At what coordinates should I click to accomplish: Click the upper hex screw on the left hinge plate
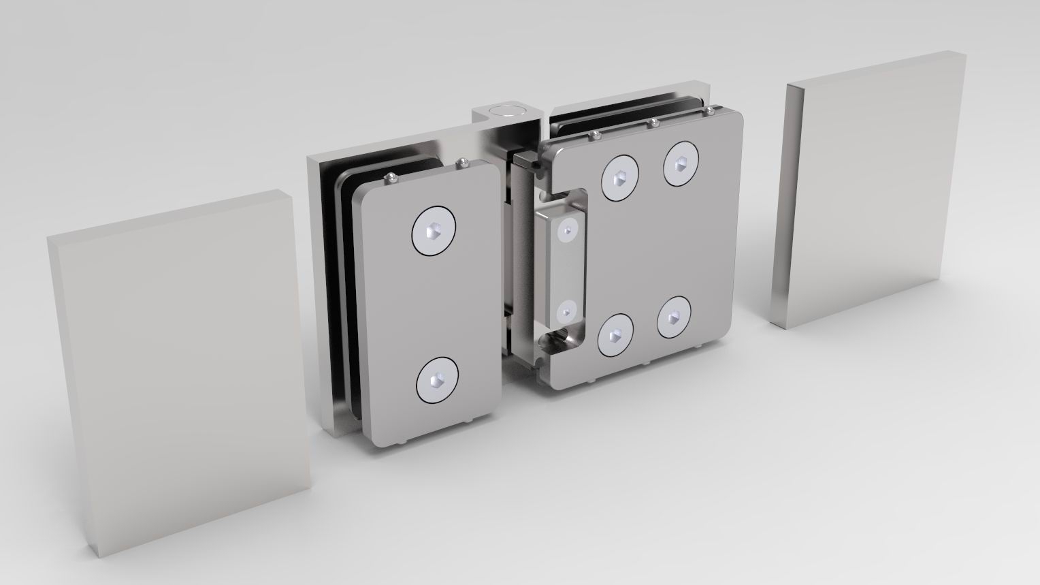(x=434, y=232)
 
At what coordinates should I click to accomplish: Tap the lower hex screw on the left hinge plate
(x=438, y=381)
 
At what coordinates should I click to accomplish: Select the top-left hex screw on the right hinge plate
(x=619, y=178)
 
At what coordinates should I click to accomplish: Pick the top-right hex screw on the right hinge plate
(x=681, y=164)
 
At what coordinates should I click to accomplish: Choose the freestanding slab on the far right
(x=868, y=194)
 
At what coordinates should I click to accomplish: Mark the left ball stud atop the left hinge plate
(x=391, y=178)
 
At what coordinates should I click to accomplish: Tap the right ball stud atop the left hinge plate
(x=462, y=161)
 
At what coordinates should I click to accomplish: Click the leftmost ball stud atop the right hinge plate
(x=595, y=133)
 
